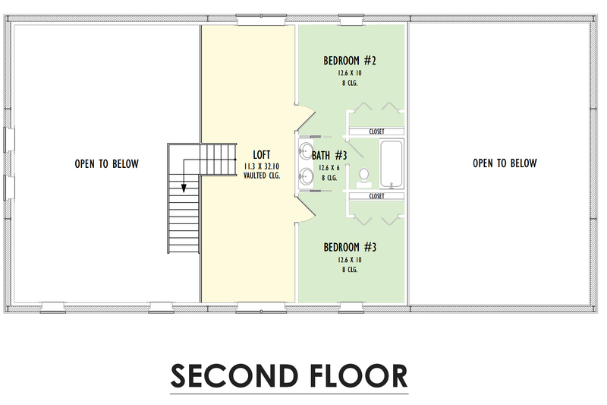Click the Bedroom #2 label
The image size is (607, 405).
tap(350, 61)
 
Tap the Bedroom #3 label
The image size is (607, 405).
tap(350, 247)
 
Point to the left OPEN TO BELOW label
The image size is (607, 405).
tap(106, 163)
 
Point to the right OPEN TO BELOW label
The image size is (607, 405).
tap(505, 163)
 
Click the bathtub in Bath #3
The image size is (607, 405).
tap(392, 163)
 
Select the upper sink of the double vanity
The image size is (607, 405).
tap(306, 149)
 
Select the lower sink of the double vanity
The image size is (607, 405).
tap(306, 177)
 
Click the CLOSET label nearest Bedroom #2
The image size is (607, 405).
tap(376, 131)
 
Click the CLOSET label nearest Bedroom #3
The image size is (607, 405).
tap(376, 196)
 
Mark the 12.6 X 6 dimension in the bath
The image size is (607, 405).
tap(329, 168)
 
